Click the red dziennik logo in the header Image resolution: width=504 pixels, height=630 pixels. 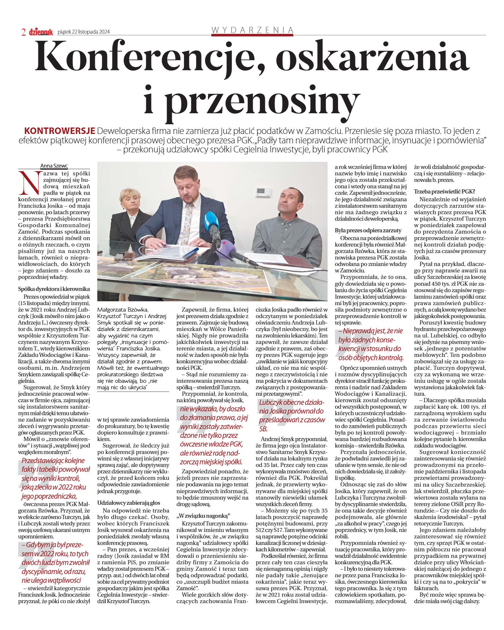(41, 32)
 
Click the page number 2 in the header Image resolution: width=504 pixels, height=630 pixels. (23, 32)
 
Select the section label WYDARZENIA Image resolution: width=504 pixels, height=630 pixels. (252, 30)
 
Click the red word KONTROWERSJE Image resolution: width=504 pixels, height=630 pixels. (60, 131)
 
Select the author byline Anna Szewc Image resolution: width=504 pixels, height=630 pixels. (54, 166)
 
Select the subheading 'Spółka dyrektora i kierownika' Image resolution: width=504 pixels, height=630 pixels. (54, 289)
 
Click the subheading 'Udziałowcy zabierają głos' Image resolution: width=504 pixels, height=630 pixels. (128, 503)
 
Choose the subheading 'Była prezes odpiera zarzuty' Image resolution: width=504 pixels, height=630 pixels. (368, 230)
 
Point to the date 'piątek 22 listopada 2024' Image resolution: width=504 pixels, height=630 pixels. (83, 32)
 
